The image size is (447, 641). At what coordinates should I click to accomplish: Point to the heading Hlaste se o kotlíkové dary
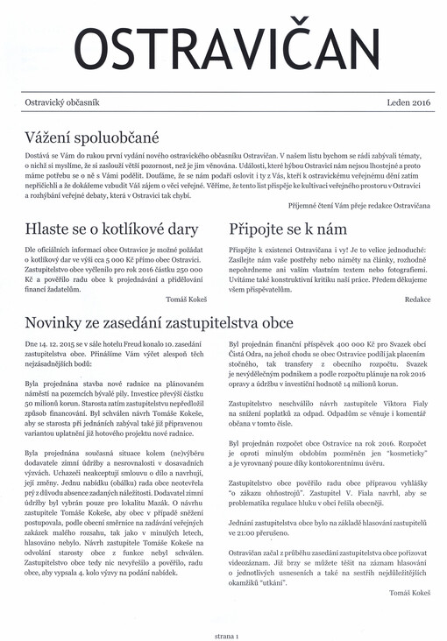(x=112, y=230)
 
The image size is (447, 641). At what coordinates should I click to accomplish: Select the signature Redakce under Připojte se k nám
(x=418, y=299)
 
